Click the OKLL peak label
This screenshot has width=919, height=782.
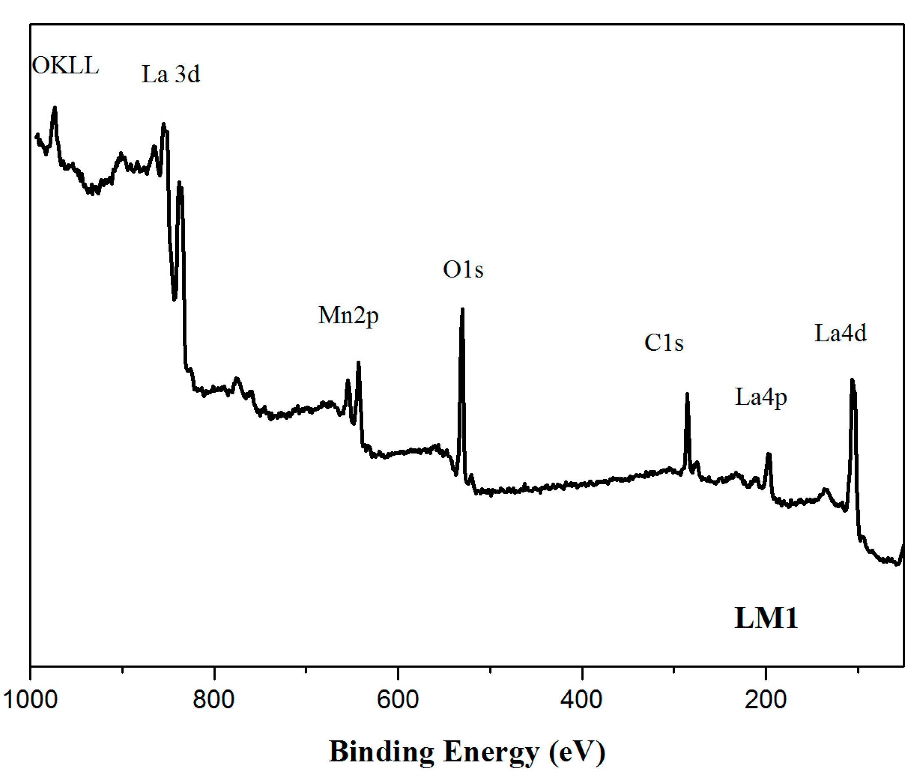65,66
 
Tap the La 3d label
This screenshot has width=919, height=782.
171,74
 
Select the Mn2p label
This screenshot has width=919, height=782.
348,316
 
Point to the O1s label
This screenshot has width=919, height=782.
463,270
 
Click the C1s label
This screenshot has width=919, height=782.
663,343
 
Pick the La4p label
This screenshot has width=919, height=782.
761,397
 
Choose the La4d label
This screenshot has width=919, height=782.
840,333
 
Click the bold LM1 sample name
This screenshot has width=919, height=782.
766,618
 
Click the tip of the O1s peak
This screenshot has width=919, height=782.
462,309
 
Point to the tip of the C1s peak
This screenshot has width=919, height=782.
687,393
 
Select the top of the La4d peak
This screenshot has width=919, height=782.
852,380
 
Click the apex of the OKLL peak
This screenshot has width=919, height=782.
55,107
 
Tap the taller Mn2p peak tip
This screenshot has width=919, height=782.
358,363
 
